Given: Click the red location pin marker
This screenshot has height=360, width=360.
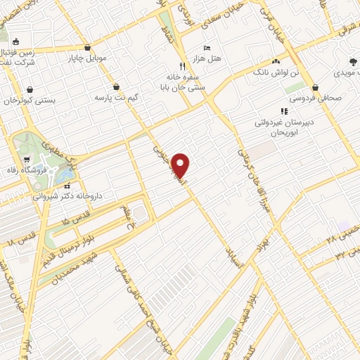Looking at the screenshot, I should coord(181,165).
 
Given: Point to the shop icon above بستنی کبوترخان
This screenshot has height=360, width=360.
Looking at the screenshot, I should coord(30,89).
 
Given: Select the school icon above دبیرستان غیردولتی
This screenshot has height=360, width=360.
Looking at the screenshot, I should coord(284,111).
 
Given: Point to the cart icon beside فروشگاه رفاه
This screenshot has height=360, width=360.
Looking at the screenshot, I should coord(27,159).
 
